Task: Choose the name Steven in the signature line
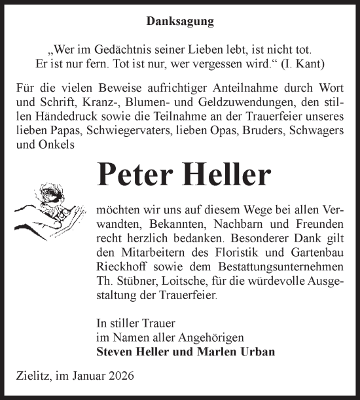113,352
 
